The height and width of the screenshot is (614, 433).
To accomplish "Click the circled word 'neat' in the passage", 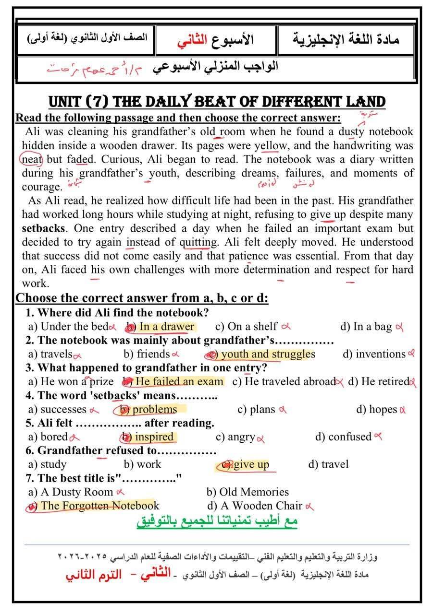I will [x=32, y=159].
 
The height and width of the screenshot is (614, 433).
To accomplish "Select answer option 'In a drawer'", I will [x=166, y=327].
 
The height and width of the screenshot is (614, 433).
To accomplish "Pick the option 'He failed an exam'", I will [x=179, y=382].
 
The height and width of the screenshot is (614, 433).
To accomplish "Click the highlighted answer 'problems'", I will [x=154, y=410].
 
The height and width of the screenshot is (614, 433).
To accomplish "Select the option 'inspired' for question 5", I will [x=154, y=437].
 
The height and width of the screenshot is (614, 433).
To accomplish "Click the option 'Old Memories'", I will [x=254, y=492].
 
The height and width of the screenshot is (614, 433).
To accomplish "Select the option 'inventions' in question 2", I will [x=380, y=354].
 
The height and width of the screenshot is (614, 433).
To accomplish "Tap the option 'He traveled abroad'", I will [x=290, y=382].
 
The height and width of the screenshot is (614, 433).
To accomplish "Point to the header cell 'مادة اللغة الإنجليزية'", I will [x=346, y=40].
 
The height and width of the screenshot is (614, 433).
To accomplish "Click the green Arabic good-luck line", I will [x=217, y=521].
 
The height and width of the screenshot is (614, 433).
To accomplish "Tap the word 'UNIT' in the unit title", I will [x=67, y=102].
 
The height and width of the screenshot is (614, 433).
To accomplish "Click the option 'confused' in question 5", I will [x=349, y=437].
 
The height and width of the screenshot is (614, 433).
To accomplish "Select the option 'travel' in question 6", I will [x=334, y=464].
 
